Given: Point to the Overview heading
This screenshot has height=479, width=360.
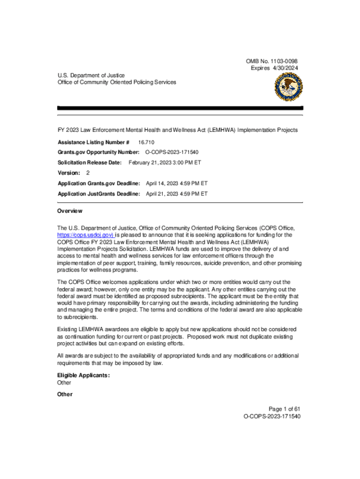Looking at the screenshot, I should pyautogui.click(x=70, y=211).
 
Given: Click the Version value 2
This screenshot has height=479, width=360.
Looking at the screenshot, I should pyautogui.click(x=88, y=173).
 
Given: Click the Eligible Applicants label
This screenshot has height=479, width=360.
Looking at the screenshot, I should pyautogui.click(x=83, y=375).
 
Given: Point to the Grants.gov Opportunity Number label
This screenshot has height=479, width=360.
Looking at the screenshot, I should pyautogui.click(x=99, y=152).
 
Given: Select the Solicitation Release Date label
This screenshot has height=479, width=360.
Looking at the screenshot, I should pyautogui.click(x=89, y=162).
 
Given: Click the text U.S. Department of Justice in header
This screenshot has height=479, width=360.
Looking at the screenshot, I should pyautogui.click(x=91, y=75).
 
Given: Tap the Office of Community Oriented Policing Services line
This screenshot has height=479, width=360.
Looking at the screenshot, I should pyautogui.click(x=117, y=82).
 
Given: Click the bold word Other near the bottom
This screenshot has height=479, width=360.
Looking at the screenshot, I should pyautogui.click(x=65, y=394).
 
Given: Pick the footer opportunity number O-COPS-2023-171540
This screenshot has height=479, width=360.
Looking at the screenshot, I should pyautogui.click(x=272, y=416).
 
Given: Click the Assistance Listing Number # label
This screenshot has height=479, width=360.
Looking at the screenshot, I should pyautogui.click(x=94, y=142).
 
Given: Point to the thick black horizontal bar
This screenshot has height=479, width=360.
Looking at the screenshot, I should pyautogui.click(x=180, y=108).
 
